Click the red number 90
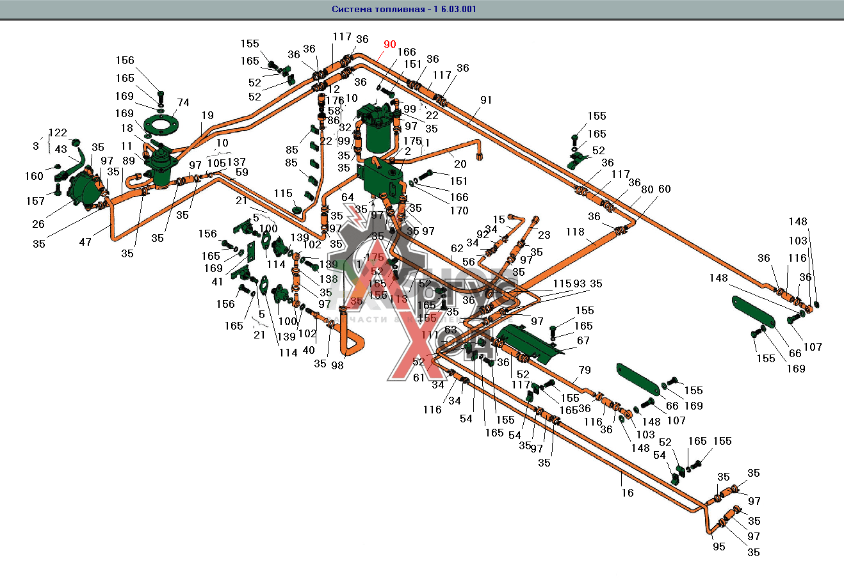(390, 45)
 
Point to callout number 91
(486, 100)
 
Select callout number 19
(207, 116)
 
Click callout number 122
(58, 133)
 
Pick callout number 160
(34, 176)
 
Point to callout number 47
(85, 241)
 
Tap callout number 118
(575, 232)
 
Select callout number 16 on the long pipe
(628, 492)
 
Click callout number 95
(718, 547)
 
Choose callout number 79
(585, 370)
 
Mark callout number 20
(460, 164)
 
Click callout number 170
(459, 211)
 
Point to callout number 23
(544, 234)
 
